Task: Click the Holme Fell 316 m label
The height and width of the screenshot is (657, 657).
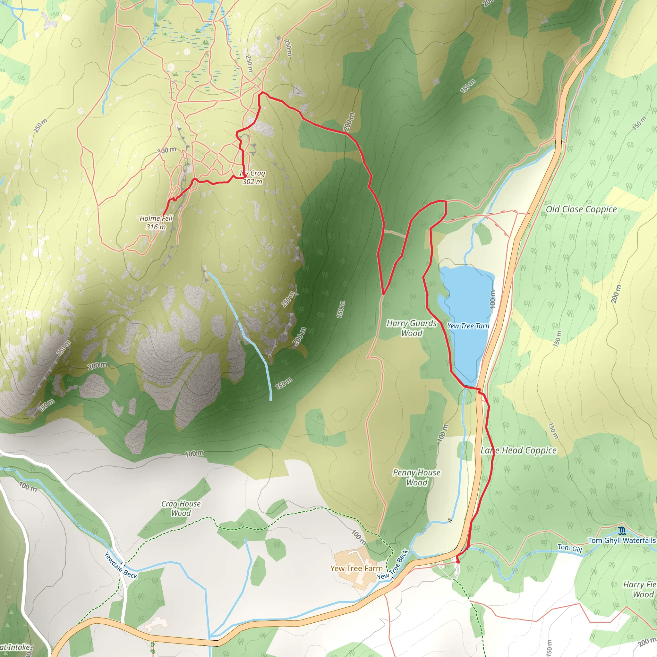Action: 156,222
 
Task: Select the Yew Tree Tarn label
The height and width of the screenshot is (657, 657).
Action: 468,326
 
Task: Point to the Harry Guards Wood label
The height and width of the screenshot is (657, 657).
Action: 412,328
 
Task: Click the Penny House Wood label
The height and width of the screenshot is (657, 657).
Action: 417,477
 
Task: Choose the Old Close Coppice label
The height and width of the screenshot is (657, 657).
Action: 581,209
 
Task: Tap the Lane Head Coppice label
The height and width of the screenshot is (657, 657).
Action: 518,451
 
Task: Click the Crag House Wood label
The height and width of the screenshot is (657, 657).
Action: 181,508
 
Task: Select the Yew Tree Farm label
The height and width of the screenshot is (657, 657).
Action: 356,568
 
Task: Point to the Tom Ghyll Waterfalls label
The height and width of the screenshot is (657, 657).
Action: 622,540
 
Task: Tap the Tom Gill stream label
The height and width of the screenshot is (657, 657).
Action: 570,548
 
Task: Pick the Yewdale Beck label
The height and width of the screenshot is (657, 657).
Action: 121,565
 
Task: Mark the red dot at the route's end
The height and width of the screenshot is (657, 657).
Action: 458,562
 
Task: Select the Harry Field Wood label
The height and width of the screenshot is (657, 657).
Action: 639,589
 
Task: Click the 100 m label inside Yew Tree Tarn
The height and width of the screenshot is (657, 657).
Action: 492,299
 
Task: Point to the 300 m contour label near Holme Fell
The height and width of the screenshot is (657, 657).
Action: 166,150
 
